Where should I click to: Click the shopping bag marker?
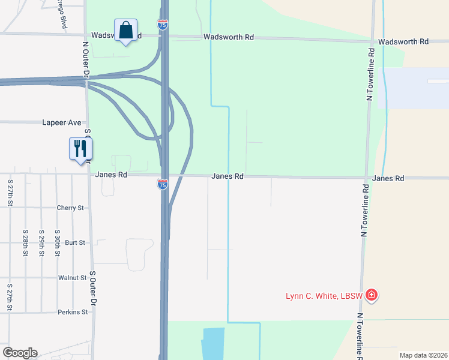pos(125,30)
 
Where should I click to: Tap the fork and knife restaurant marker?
pos(80,149)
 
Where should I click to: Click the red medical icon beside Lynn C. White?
pos(372,295)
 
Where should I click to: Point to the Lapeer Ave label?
pos(61,122)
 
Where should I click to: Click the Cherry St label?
pos(71,208)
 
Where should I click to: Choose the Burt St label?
pos(75,243)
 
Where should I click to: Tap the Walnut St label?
pos(73,278)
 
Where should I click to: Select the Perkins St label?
pos(73,312)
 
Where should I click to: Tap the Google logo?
pos(20,353)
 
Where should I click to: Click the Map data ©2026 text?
pos(423,355)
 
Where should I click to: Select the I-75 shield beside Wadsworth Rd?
pos(163,25)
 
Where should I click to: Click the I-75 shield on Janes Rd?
pos(163,184)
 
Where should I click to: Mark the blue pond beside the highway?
pos(213,343)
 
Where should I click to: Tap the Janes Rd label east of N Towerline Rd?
pos(388,178)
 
